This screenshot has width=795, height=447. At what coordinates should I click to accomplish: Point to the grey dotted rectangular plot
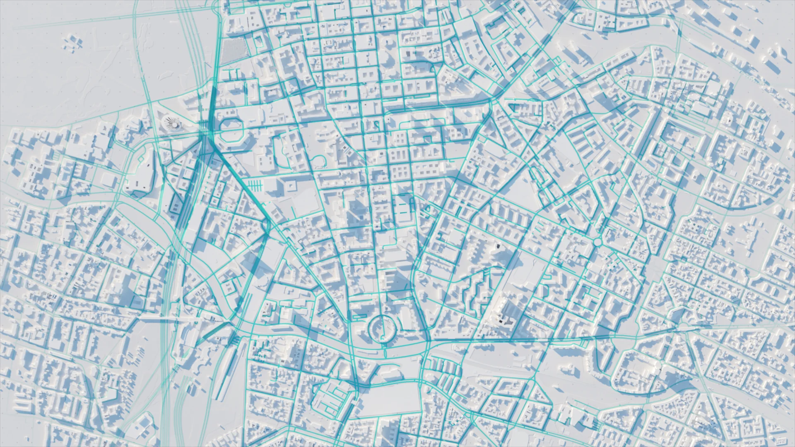coord(232,52)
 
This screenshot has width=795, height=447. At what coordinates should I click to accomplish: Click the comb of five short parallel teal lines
coord(255,185)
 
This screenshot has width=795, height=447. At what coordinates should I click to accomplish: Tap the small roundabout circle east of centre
coord(597,241)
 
